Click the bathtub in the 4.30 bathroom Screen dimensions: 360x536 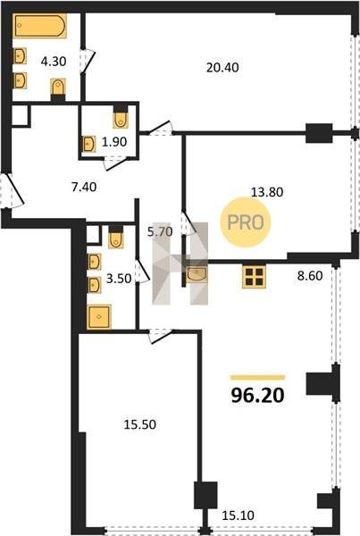click(40, 26)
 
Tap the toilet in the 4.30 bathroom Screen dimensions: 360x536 click(58, 88)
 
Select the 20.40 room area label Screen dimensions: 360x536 click(222, 68)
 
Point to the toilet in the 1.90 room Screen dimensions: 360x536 click(121, 117)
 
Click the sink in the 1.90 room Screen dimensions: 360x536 click(89, 144)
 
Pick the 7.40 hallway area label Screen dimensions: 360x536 click(84, 187)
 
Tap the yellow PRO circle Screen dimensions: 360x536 click(246, 222)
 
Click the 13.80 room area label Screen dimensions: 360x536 click(267, 192)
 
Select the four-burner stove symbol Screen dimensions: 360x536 click(254, 277)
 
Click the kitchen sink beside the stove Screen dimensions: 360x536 click(197, 275)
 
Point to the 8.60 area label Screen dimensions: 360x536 click(310, 275)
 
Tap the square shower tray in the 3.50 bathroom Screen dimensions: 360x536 click(99, 317)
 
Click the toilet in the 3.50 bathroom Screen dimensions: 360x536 click(116, 238)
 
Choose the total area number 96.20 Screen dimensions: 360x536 click(258, 396)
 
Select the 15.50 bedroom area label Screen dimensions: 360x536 click(140, 424)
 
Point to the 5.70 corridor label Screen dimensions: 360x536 click(160, 231)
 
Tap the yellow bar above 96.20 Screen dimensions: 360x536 click(258, 377)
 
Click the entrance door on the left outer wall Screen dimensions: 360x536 click(12, 190)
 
